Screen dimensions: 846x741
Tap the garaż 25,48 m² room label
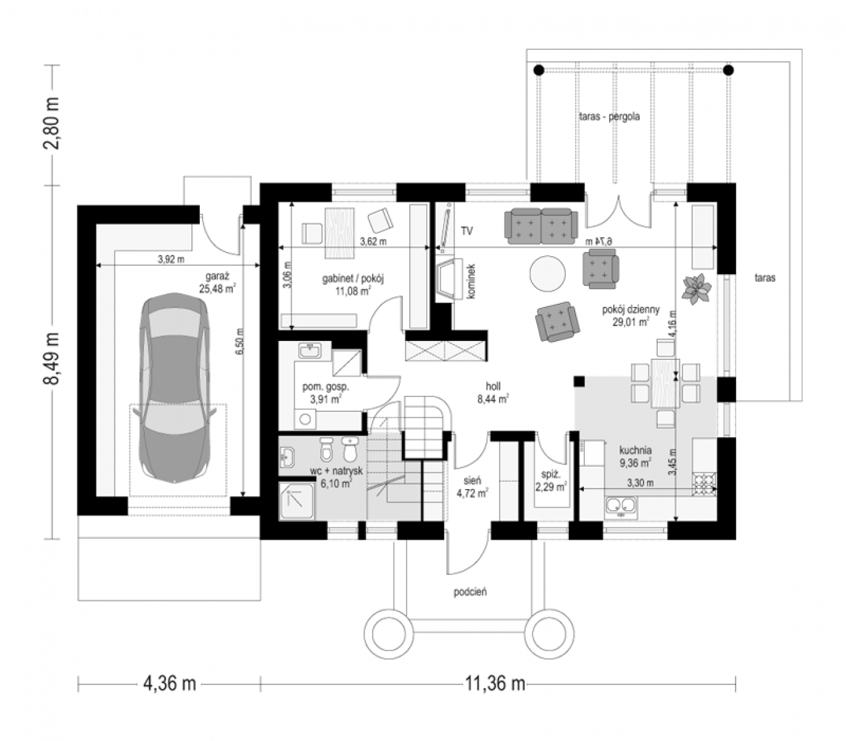pos(217,282)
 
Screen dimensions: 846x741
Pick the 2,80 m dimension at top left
pos(52,123)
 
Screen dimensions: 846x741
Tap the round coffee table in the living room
pos(547,274)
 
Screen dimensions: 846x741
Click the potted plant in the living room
pos(697,288)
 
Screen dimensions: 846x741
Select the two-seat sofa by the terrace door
pos(541,226)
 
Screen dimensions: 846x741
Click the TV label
pos(467,232)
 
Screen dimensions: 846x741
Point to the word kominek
pos(472,281)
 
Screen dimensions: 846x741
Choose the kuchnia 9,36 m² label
pos(636,456)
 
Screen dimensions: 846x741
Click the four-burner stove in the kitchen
pos(705,485)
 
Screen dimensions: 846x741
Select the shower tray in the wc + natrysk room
pos(297,501)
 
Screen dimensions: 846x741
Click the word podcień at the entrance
pos(470,592)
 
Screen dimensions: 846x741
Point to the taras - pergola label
pos(610,117)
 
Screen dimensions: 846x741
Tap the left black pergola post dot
pos(539,70)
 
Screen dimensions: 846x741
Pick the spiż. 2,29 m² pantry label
pos(551,481)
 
